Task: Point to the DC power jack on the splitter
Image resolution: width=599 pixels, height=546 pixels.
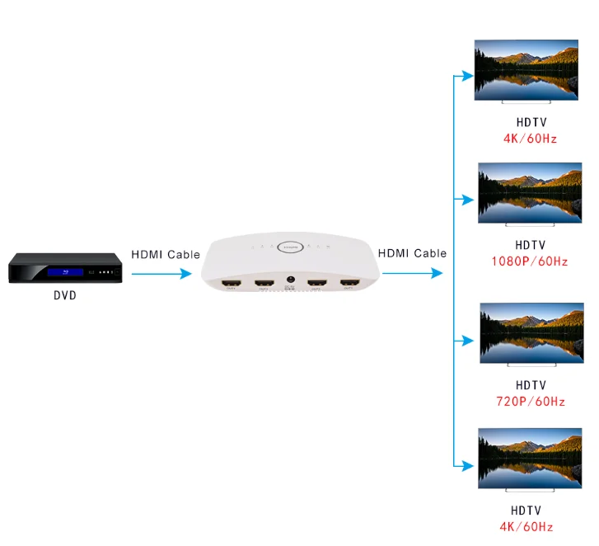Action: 290,284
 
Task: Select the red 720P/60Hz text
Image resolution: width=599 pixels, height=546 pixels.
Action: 530,402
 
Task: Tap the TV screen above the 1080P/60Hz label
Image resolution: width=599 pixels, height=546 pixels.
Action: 531,191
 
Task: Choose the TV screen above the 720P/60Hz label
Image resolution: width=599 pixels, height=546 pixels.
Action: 531,332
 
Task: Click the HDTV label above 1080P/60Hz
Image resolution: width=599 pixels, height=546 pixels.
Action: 530,245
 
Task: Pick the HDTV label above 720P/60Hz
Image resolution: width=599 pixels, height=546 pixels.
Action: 531,385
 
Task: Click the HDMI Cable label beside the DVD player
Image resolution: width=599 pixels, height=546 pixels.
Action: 166,255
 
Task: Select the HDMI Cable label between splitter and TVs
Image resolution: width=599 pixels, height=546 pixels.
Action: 412,253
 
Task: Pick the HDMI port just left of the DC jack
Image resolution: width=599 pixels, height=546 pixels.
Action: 264,285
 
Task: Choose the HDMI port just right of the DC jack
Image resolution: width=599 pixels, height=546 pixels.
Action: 316,285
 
